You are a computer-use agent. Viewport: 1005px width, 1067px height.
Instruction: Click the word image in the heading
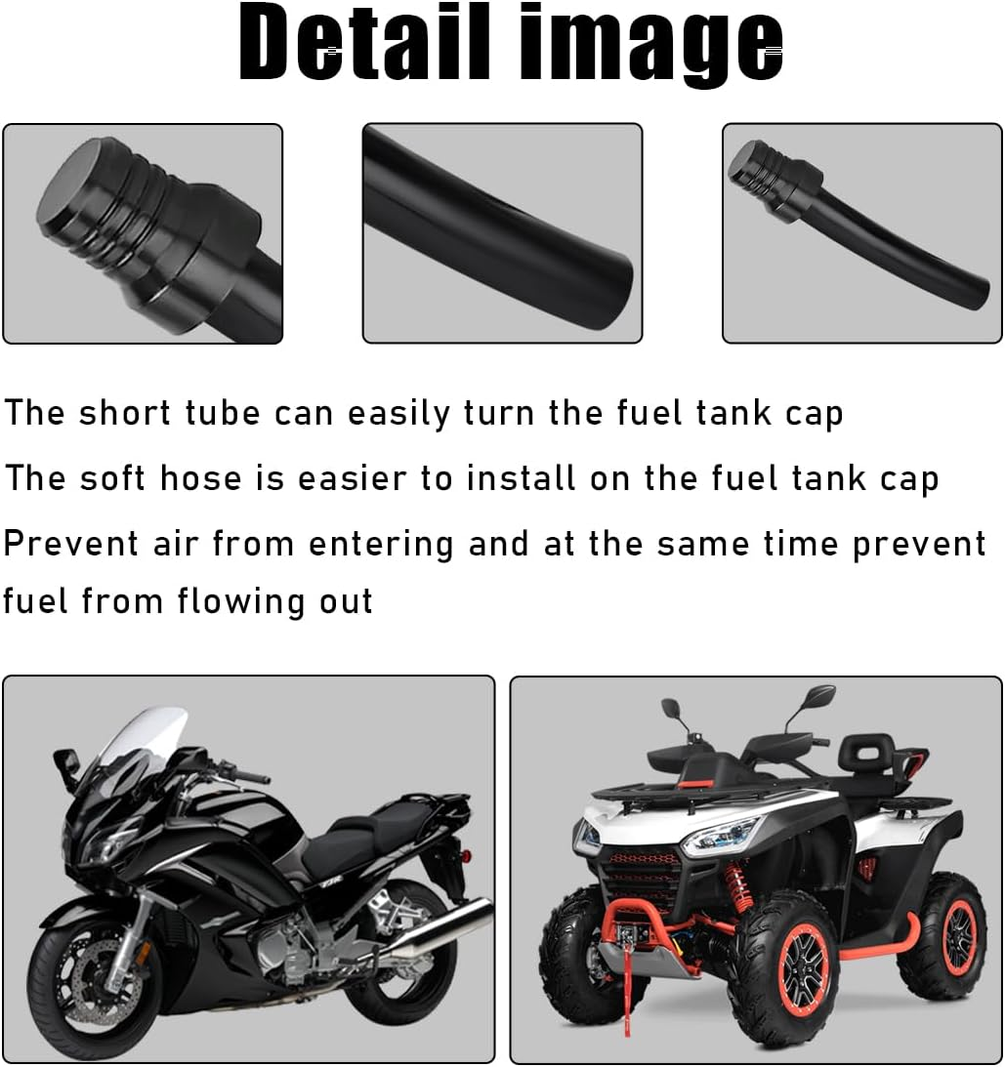[647, 45]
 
